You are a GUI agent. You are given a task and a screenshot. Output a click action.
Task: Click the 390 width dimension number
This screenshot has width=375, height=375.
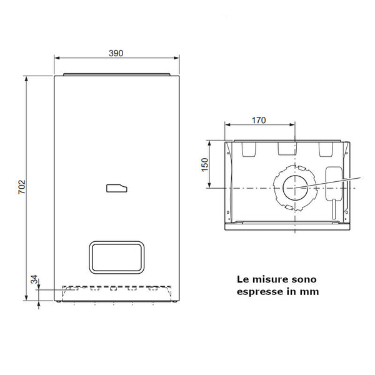(x=116, y=53)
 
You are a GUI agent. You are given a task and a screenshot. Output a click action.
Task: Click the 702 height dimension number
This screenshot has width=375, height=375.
(x=22, y=187)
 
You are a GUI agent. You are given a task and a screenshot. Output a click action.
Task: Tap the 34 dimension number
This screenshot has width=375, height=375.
(x=34, y=279)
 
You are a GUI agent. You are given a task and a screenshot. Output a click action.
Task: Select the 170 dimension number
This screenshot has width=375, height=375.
(x=259, y=120)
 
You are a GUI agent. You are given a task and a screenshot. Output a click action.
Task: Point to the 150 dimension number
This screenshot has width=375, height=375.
(x=205, y=164)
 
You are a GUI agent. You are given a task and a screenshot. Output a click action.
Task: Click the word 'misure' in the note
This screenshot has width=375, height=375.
(x=269, y=279)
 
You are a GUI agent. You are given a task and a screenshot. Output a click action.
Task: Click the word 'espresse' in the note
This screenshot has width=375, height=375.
(x=259, y=292)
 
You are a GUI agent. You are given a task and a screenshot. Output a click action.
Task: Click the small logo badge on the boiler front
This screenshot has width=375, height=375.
(x=117, y=188)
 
